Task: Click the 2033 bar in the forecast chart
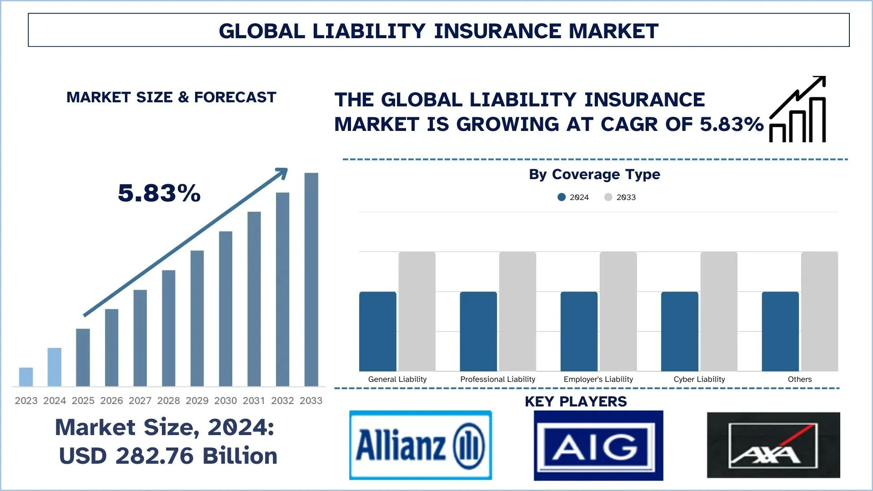coord(311,280)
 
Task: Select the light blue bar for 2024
coord(55,367)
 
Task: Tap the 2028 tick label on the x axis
coord(169,401)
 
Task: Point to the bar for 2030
coord(226,309)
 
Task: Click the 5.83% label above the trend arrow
coord(159,193)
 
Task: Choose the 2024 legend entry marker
coord(562,197)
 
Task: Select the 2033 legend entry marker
coord(608,197)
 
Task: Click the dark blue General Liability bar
coord(377,331)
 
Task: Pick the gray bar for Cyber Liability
coord(718,311)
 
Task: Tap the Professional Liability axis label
coord(497,379)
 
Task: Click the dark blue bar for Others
coord(780,331)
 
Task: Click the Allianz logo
coord(420,445)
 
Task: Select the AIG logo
coord(598,446)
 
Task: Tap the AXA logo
coord(773,445)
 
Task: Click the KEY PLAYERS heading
coord(576,401)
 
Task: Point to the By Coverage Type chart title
coord(594,174)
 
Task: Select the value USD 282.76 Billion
coord(168,456)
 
